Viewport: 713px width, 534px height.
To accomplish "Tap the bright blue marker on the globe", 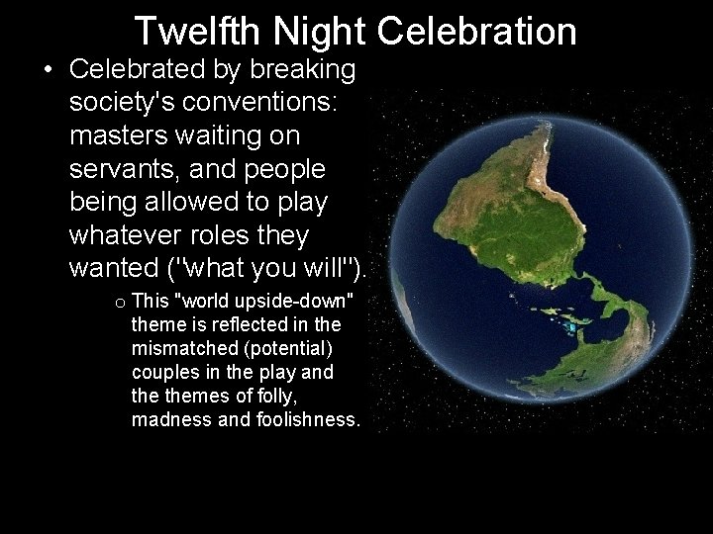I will (x=572, y=325).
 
